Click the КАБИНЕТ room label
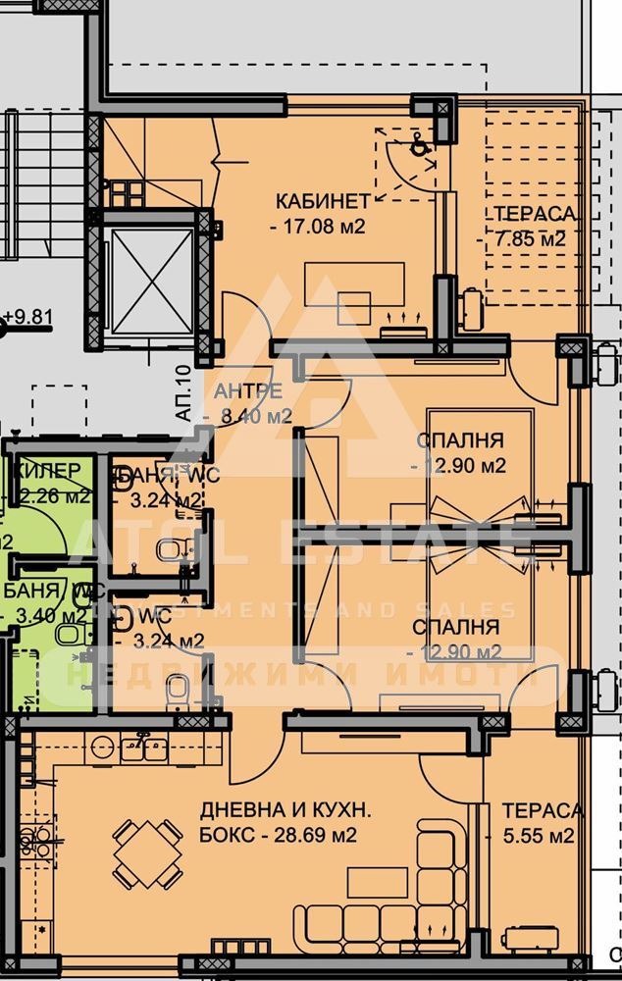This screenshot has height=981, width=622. point(323,201)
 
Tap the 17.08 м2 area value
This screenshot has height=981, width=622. point(317,227)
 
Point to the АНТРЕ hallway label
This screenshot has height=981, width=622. point(249,391)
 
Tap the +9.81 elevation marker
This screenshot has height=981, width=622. point(26,318)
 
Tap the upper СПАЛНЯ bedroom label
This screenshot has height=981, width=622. point(459,440)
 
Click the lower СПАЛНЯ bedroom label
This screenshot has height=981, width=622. point(455,626)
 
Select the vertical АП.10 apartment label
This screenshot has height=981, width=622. point(183,393)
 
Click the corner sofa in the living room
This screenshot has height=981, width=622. point(392,903)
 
